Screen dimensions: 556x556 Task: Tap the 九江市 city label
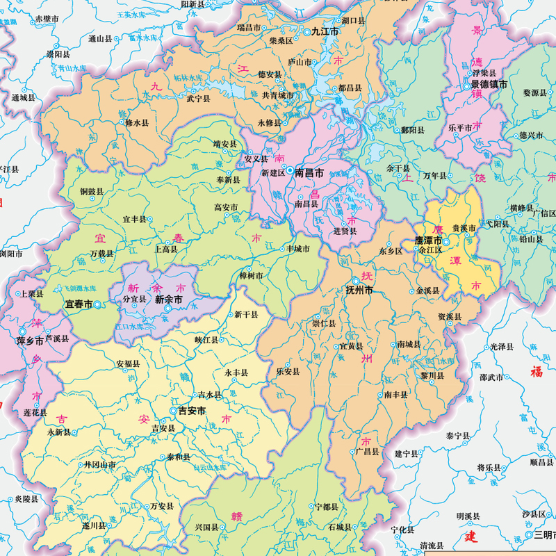(x=325, y=32)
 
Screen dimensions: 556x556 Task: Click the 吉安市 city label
(x=193, y=411)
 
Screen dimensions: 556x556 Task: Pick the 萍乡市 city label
(x=30, y=341)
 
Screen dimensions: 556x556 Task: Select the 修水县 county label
(x=137, y=122)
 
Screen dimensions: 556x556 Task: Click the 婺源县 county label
(x=535, y=92)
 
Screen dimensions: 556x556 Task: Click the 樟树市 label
(x=251, y=276)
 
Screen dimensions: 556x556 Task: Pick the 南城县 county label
(x=408, y=344)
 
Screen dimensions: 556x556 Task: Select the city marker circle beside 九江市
(x=306, y=32)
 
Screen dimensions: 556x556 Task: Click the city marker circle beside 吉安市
(x=173, y=411)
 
